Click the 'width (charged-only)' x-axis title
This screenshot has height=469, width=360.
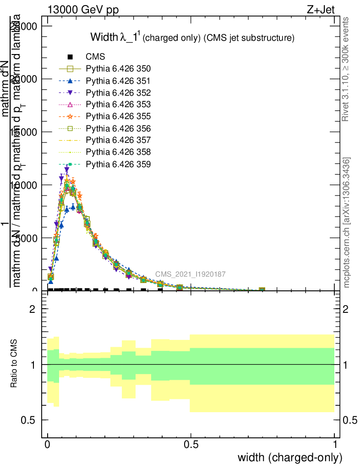coord(289,457)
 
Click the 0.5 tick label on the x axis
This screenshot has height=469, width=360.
coord(191,445)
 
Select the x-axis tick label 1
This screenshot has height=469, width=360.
coord(334,445)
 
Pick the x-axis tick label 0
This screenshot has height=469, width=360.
coord(48,445)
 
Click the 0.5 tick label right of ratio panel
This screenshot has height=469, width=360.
coord(351,420)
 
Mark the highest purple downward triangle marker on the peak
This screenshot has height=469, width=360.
coord(66,169)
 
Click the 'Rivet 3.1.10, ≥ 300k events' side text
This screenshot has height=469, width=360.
coord(346,69)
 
